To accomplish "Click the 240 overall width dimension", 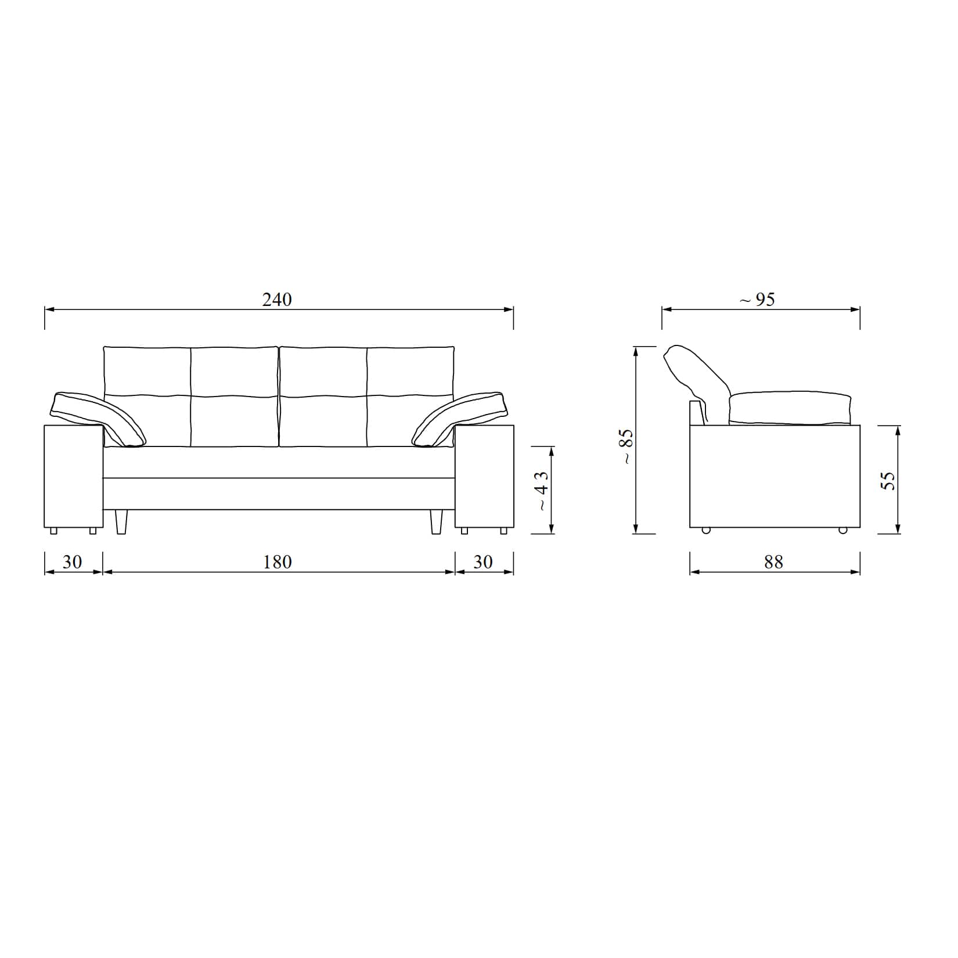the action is (x=277, y=300).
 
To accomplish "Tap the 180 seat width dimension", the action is (x=278, y=562).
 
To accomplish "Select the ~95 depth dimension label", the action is (x=757, y=300).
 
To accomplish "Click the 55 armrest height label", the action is (x=888, y=481).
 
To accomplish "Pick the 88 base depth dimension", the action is (x=773, y=562).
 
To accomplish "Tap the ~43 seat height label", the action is (x=541, y=491).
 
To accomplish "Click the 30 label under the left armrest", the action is (x=72, y=562).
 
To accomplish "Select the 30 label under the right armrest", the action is (x=483, y=562).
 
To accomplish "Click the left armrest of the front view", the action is (x=74, y=476).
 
